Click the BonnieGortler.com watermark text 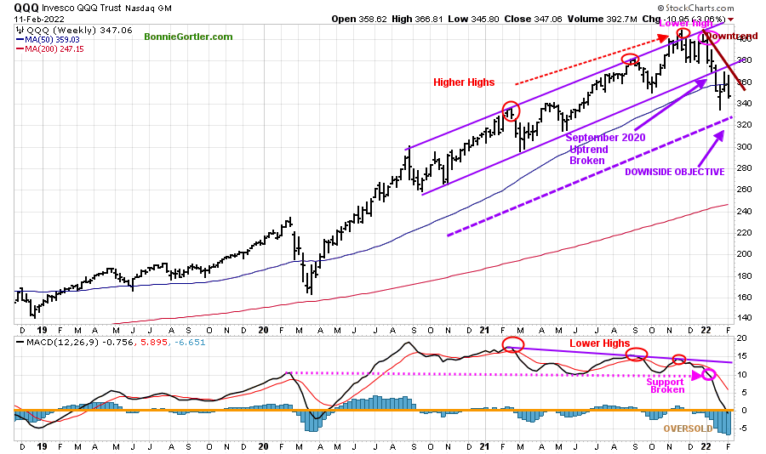[x=188, y=37]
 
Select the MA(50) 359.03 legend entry [x=52, y=38]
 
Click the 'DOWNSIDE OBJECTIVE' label [x=675, y=172]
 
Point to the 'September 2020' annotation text [x=605, y=137]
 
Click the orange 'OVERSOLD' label [x=689, y=428]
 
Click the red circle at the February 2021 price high [x=511, y=111]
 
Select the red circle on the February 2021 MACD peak [x=512, y=344]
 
